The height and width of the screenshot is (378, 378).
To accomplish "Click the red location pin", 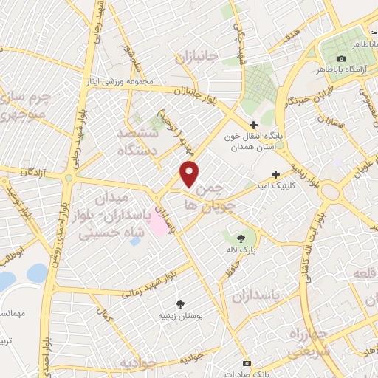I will click(190, 174).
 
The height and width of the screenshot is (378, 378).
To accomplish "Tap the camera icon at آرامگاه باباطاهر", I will click(340, 59).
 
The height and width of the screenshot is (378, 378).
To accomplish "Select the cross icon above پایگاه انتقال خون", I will click(254, 126).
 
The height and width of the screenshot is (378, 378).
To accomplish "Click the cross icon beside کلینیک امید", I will click(276, 175).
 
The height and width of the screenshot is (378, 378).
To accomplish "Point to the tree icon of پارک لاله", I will click(241, 238).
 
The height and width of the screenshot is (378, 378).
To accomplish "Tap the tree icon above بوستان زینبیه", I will click(180, 303).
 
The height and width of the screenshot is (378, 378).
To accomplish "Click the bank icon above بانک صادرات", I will click(247, 365).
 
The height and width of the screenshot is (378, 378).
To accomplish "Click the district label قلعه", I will click(365, 274).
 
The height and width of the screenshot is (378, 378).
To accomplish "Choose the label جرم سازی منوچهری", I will click(22, 106).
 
